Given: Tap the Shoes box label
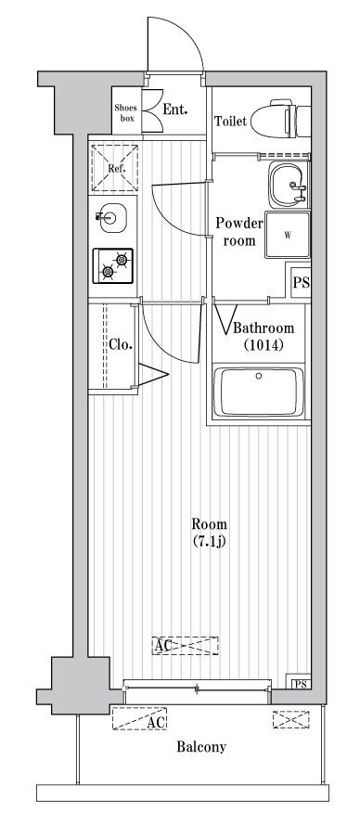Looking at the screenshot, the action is pos(125,113).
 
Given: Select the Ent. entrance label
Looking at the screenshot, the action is pos(175,109).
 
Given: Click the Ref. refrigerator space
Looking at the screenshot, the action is pos(114,168).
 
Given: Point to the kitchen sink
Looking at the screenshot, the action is pos(112,217).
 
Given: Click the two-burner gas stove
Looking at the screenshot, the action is pos(113,266).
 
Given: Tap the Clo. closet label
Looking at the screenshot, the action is pos(121,345).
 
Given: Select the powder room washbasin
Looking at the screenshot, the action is pos(287,185).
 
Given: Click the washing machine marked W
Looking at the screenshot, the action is pos(288,235).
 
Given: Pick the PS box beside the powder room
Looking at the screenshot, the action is pos(301,283).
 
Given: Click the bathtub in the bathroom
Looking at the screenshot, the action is pos(259,392).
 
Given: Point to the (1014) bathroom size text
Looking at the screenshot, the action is pos(264,345).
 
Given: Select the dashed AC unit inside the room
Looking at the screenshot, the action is pos(185,645).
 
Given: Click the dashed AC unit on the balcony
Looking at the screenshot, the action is pos(139,718).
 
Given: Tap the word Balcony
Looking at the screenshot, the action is pos(201,747).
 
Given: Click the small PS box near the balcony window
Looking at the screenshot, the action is pos(301,684).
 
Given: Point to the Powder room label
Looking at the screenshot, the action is pos(239,232).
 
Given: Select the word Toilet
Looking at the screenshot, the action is pos(230,122).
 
